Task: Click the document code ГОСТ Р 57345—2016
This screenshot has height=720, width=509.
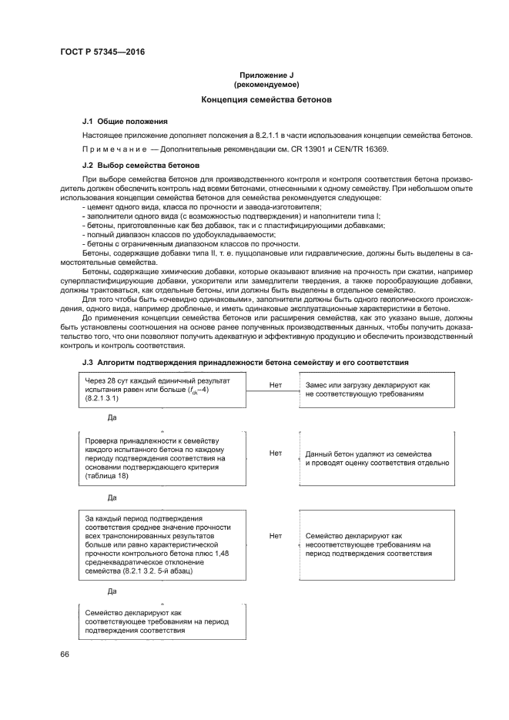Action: pyautogui.click(x=102, y=52)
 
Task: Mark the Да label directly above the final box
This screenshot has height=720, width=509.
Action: pyautogui.click(x=112, y=591)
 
